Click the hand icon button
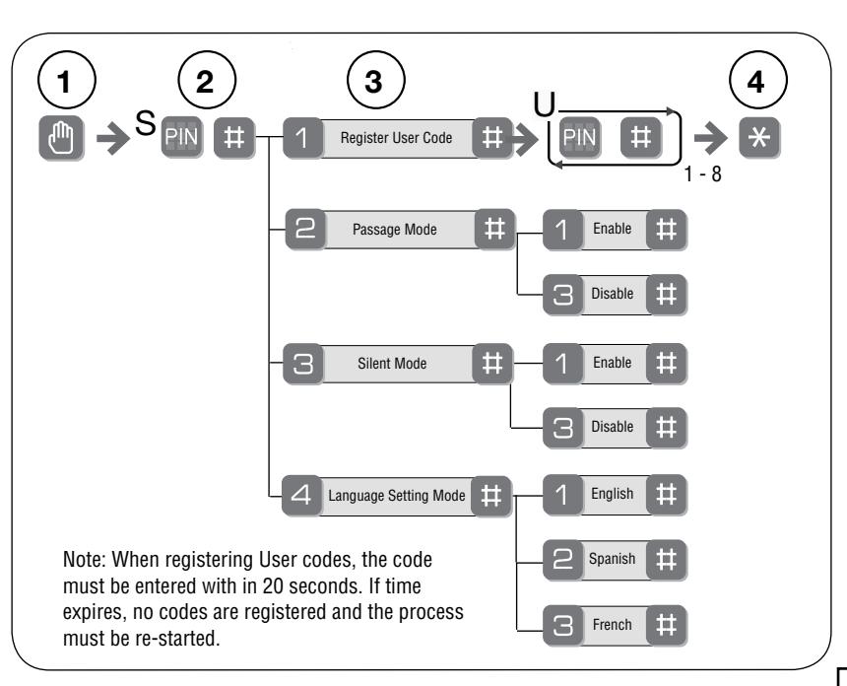tap(61, 138)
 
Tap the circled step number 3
tap(375, 80)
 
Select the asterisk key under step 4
tap(759, 138)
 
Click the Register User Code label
tap(397, 138)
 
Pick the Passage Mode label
tap(395, 230)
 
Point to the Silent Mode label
tap(392, 364)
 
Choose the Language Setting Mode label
tap(397, 496)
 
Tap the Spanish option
tap(612, 559)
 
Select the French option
tap(612, 625)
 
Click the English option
tap(612, 494)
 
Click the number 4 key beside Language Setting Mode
tap(301, 495)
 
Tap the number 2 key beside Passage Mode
tap(305, 230)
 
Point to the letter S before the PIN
tap(145, 123)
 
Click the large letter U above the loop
tap(545, 104)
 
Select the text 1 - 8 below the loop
tap(703, 174)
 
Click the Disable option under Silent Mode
tap(613, 427)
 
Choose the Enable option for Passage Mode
tap(613, 229)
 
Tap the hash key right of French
tap(666, 626)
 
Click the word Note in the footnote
tap(85, 560)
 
